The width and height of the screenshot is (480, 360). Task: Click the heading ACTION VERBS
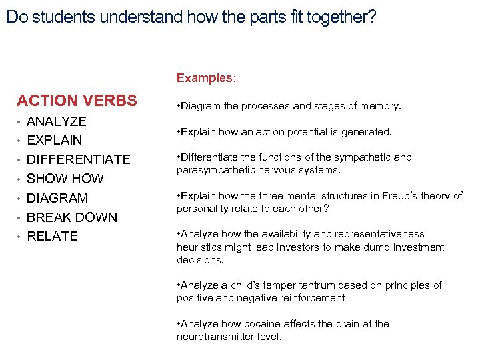77,101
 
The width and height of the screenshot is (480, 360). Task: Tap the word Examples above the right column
203,78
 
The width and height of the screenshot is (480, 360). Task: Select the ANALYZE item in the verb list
57,121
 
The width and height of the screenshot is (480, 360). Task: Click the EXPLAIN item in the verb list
55,141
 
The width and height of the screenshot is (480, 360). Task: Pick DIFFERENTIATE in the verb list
79,160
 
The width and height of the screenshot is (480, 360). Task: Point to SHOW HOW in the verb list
65,179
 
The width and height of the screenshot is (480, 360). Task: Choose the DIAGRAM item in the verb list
57,198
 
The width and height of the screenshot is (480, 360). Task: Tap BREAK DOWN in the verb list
72,217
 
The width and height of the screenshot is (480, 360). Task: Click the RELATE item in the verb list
52,236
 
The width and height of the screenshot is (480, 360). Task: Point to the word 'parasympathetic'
213,170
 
